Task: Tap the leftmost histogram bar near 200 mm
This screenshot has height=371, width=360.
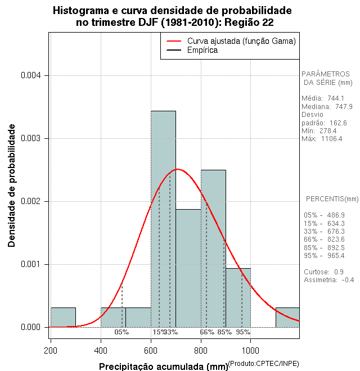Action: pos(63,317)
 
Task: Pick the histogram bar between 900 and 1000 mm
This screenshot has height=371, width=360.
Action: pos(238,297)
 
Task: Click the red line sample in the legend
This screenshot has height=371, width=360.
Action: pos(173,41)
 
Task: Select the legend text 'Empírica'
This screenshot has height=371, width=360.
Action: pos(202,51)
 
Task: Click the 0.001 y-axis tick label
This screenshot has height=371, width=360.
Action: pos(29,264)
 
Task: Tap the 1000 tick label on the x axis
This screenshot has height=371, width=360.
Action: pos(250,350)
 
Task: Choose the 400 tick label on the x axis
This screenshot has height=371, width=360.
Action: pos(101,350)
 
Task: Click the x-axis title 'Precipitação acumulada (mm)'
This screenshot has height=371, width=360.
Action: pos(163,367)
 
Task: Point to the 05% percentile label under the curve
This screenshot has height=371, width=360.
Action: pos(121,332)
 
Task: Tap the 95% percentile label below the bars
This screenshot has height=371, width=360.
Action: pos(243,332)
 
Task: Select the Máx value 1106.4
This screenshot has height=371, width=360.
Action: pos(332,139)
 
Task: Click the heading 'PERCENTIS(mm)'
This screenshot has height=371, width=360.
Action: pos(332,199)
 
